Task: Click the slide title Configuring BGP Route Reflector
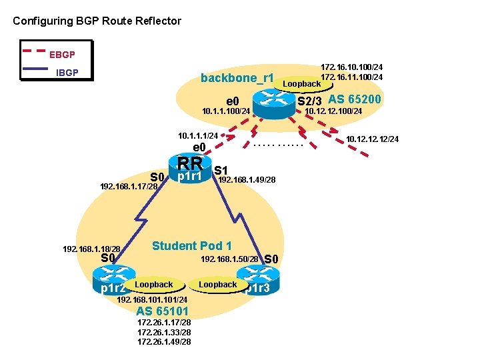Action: pos(97,21)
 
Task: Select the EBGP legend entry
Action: pos(62,53)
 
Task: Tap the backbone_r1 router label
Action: pos(237,78)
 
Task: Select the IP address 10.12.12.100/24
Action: pos(333,111)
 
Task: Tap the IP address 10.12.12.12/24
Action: pos(372,139)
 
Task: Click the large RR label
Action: pos(190,163)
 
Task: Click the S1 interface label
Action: pos(221,171)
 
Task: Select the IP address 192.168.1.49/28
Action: pos(247,180)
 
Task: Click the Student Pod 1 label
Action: pos(192,246)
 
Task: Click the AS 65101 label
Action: pos(162,311)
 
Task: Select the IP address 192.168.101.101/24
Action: pos(151,300)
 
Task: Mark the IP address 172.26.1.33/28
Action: pos(163,332)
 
